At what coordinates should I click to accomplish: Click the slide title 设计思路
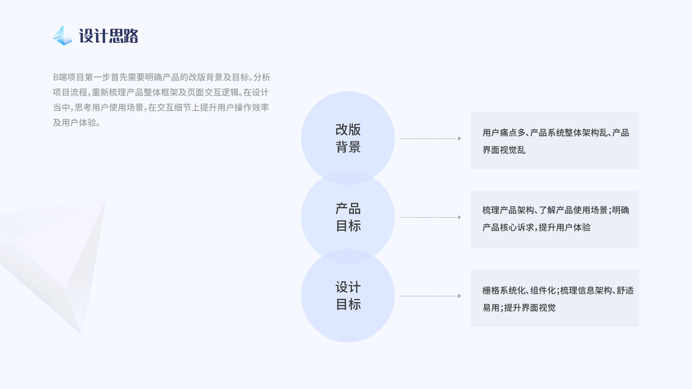[x=108, y=36]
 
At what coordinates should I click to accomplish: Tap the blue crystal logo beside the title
[x=62, y=36]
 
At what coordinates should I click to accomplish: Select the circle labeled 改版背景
[x=348, y=137]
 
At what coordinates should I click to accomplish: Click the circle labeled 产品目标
[x=348, y=217]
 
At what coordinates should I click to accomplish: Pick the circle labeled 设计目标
[x=348, y=296]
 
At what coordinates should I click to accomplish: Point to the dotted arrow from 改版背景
[x=431, y=138]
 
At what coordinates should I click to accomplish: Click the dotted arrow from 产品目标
[x=431, y=217]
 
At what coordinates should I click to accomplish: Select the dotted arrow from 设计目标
[x=431, y=296]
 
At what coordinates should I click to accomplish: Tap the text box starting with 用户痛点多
[x=555, y=141]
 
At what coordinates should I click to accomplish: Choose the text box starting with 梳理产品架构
[x=555, y=219]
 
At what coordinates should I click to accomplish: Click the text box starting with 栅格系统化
[x=555, y=298]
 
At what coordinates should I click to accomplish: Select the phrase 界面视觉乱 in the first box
[x=504, y=150]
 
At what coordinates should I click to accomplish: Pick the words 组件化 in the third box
[x=542, y=290]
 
